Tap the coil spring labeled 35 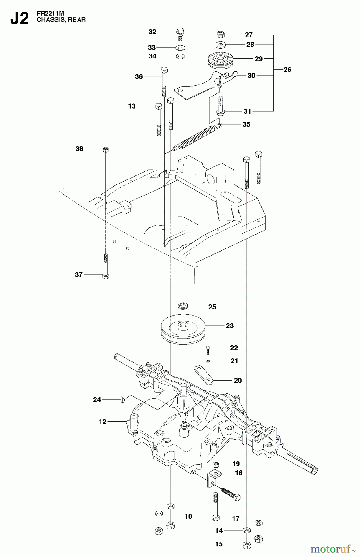click(x=198, y=136)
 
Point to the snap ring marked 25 click(x=183, y=306)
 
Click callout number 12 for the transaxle click(x=102, y=421)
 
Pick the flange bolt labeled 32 click(x=180, y=32)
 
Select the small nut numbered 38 click(x=105, y=149)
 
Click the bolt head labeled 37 click(x=105, y=276)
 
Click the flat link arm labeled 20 click(x=204, y=374)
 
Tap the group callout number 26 click(x=287, y=70)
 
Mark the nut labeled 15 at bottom click(x=246, y=544)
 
